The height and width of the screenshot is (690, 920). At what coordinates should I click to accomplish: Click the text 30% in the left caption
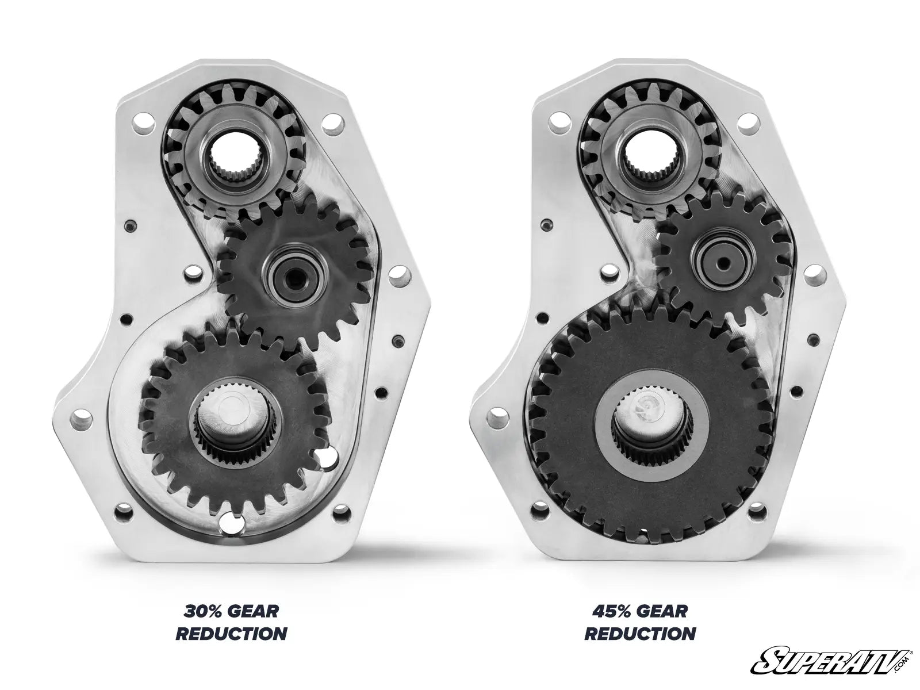tap(202, 611)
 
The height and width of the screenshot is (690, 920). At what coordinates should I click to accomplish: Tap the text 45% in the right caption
tap(611, 611)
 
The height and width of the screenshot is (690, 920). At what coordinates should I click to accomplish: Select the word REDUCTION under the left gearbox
tap(231, 634)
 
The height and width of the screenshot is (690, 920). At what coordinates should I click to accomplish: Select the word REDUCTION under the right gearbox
tap(640, 634)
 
